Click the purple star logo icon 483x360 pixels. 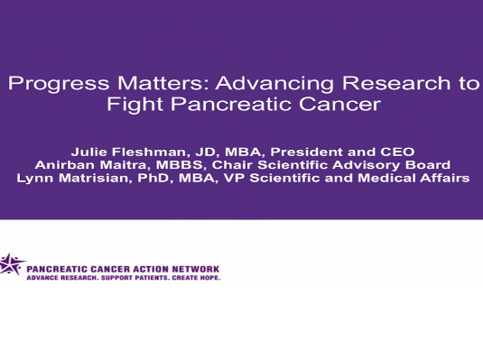click(12, 265)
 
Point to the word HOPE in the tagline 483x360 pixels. click(208, 277)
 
